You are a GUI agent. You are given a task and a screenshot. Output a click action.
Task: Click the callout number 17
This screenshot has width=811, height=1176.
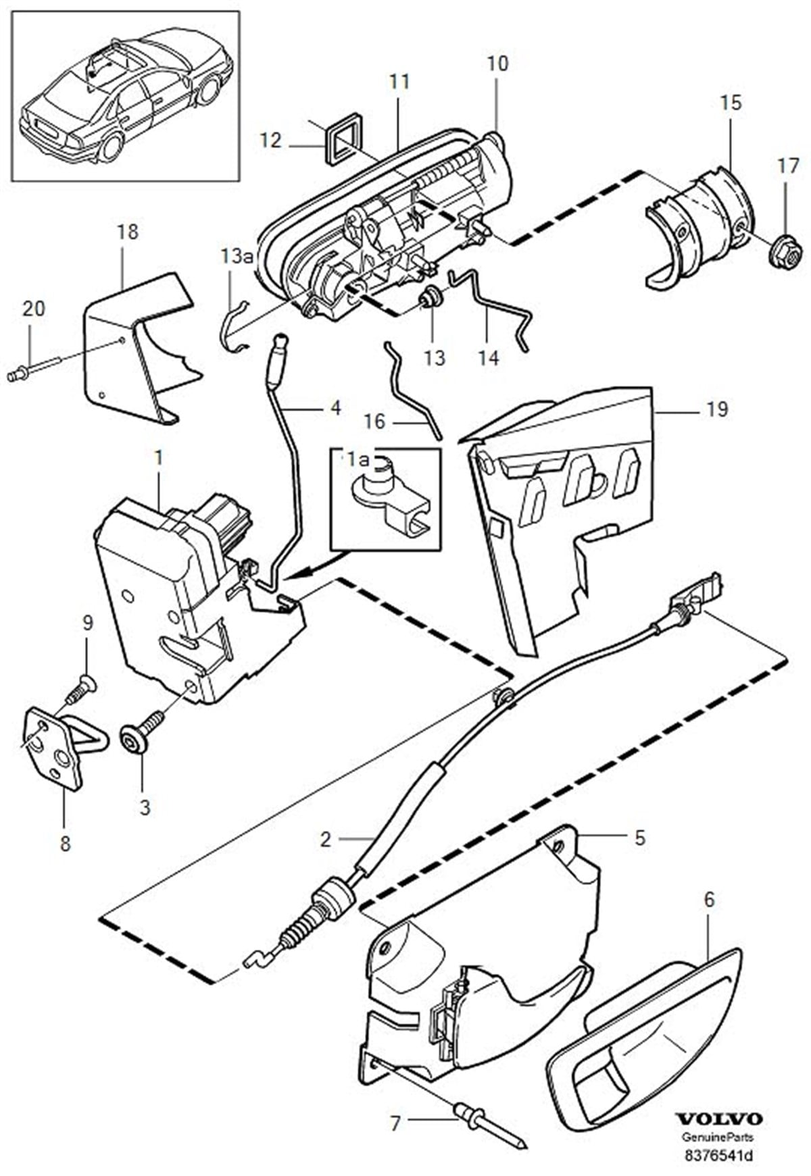tap(788, 167)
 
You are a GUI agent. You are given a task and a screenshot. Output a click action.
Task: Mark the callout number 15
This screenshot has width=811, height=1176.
tap(731, 103)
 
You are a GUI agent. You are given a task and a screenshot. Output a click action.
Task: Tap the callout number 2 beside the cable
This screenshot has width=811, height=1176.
tap(326, 840)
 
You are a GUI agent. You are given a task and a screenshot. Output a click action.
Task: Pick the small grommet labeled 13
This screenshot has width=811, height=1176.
tap(430, 297)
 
